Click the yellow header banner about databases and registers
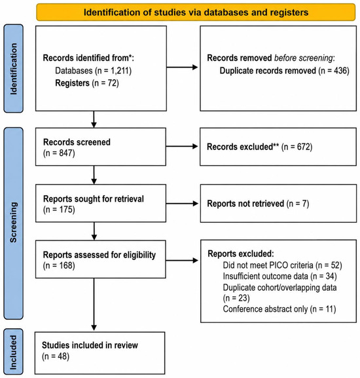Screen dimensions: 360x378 [196, 12]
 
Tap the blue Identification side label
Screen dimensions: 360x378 [14, 69]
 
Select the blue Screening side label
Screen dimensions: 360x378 [14, 223]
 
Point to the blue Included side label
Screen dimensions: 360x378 [14, 352]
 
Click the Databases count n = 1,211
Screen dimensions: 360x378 [113, 71]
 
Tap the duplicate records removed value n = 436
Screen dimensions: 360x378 [334, 71]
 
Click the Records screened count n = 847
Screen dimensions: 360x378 [59, 153]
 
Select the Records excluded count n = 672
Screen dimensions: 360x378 [297, 147]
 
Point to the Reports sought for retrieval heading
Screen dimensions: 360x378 [94, 199]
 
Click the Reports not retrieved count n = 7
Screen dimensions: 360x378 [298, 204]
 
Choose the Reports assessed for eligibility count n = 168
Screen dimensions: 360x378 [59, 265]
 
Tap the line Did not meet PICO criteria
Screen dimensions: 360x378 [282, 265]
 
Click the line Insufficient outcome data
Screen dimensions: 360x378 [279, 276]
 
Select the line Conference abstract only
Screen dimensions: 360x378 [279, 309]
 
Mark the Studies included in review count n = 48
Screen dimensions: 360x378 [56, 356]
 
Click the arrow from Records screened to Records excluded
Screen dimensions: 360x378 [182, 146]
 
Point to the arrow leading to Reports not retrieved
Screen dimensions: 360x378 [182, 204]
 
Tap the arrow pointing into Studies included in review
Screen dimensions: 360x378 [94, 304]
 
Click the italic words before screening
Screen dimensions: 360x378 [304, 58]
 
